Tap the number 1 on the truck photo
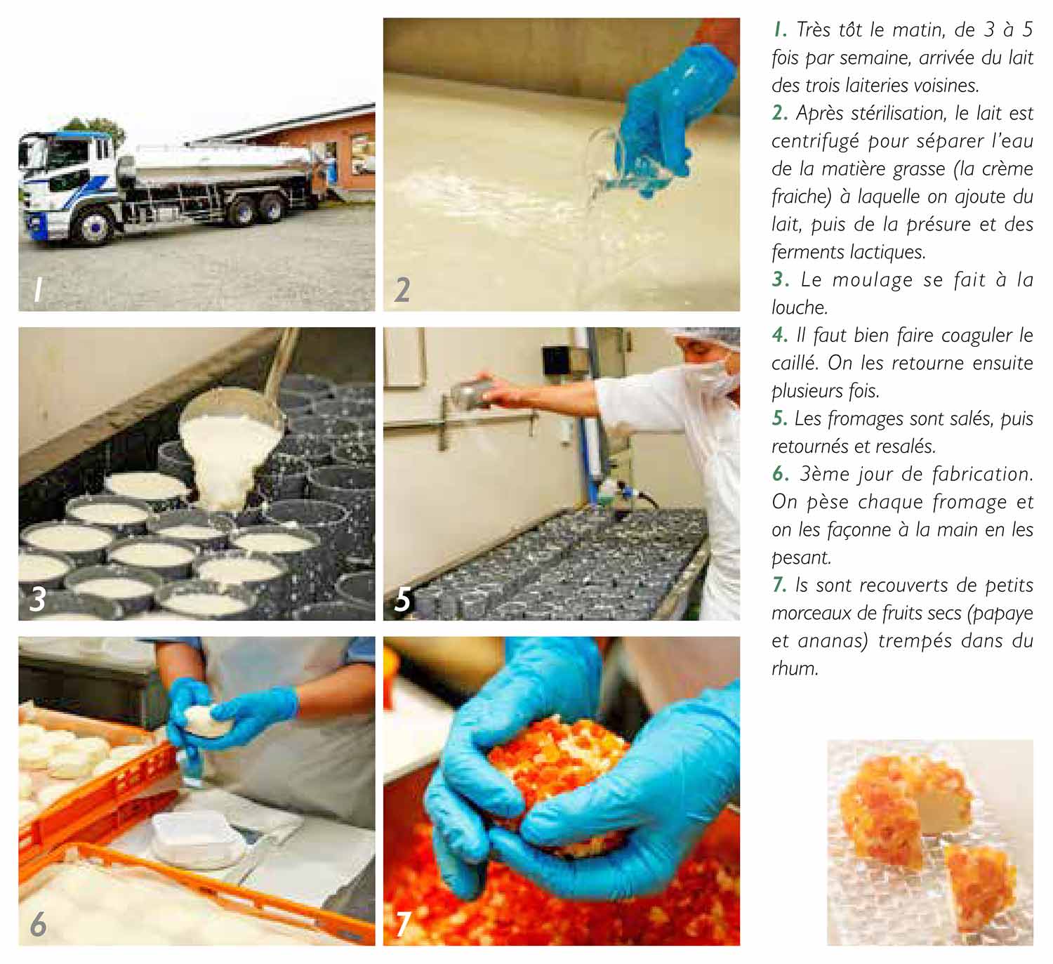pos(38,289)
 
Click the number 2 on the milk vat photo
pos(402,290)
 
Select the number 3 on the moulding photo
pos(38,599)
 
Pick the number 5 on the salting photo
pos(402,599)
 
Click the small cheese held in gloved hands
pos(206,721)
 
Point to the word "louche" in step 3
pos(799,308)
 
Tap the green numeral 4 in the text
pos(779,336)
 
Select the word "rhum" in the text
pos(795,669)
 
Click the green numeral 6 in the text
pos(779,474)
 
